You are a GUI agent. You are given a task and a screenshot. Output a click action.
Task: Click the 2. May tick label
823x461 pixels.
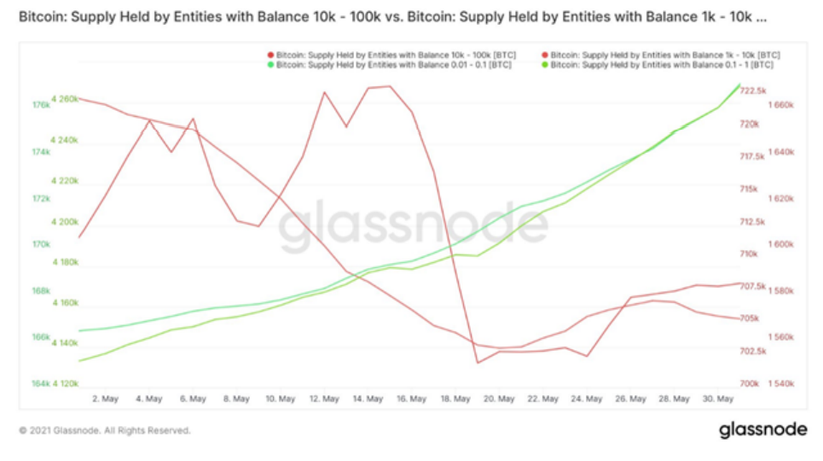[x=104, y=398]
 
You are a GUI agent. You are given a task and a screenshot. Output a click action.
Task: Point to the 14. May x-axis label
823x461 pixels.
[x=368, y=398]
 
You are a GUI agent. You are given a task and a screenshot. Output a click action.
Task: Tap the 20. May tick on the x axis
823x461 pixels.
[x=500, y=398]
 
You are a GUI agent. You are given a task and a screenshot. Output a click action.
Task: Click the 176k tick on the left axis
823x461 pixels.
[x=41, y=106]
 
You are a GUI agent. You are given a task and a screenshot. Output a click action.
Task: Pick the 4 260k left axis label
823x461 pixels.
[x=64, y=99]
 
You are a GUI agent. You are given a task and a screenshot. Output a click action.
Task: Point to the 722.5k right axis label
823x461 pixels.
[x=754, y=90]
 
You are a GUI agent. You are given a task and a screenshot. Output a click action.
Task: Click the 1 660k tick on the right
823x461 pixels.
[x=782, y=106]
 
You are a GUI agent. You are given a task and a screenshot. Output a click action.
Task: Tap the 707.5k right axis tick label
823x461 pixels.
[x=754, y=286]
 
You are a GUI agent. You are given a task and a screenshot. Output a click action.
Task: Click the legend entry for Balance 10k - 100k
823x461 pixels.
[x=380, y=55]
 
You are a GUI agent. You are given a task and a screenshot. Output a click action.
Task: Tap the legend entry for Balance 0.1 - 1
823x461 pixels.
[x=661, y=65]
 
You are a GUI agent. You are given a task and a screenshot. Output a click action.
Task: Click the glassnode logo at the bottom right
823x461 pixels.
[x=761, y=429]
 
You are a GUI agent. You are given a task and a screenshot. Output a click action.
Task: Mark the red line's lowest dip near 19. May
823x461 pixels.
[x=478, y=362]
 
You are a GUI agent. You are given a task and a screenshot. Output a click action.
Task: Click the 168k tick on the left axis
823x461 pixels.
[x=41, y=291]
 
